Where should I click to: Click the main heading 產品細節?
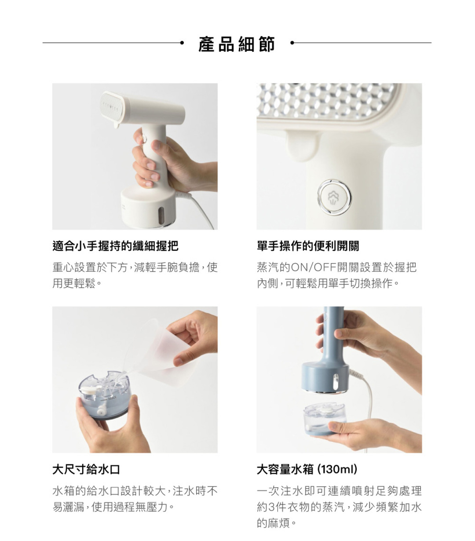click(237, 44)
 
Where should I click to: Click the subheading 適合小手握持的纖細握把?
click(115, 246)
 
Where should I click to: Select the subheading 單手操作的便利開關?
click(308, 246)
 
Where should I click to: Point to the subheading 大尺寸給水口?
click(86, 470)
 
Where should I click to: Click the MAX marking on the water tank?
click(112, 398)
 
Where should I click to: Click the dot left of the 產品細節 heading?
click(182, 43)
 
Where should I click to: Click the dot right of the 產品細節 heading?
click(292, 43)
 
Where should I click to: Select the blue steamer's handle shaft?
click(333, 334)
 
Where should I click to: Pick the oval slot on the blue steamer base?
click(336, 382)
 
